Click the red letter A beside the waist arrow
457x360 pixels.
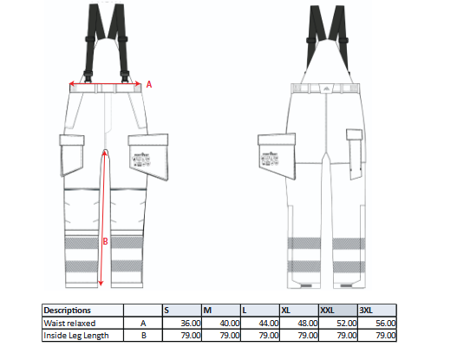click(x=149, y=84)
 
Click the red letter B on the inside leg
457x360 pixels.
click(x=105, y=241)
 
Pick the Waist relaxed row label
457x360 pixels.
click(x=69, y=324)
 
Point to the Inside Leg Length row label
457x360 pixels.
click(x=76, y=336)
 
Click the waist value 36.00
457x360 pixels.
click(x=191, y=324)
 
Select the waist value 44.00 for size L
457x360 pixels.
click(x=269, y=324)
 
